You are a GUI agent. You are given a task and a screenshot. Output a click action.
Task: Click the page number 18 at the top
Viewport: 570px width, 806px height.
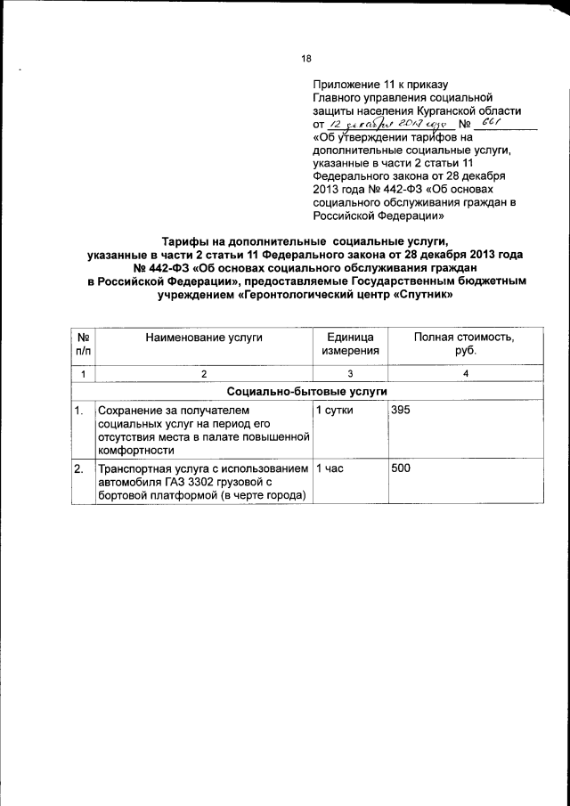tap(305, 59)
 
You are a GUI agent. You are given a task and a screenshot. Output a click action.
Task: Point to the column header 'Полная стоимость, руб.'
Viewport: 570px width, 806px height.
tap(464, 344)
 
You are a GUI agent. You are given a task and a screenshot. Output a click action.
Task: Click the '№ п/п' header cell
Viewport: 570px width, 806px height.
tap(83, 344)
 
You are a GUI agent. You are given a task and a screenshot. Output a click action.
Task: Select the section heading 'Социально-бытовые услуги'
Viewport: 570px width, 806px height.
tap(306, 391)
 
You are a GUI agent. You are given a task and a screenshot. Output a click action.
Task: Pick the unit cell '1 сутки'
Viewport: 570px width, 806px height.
tap(335, 410)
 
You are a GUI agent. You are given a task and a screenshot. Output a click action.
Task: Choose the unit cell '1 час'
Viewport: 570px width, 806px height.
tap(330, 468)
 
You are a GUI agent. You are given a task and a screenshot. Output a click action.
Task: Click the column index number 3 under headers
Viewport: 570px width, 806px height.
tap(350, 373)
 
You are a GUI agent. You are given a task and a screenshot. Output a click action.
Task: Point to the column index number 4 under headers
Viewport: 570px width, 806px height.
tap(465, 373)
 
